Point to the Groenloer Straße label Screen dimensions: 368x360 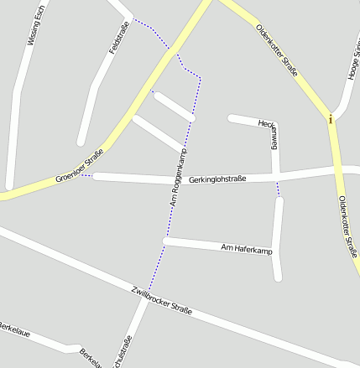coord(79,166)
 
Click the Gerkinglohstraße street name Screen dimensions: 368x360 coord(217,179)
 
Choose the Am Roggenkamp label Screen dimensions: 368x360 coord(178,178)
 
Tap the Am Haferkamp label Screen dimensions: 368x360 coord(247,250)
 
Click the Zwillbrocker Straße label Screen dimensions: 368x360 coord(162,299)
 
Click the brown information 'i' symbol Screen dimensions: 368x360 coord(331,119)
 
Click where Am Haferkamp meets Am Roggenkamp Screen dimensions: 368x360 coord(166,241)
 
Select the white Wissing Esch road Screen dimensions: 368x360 coord(14,126)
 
